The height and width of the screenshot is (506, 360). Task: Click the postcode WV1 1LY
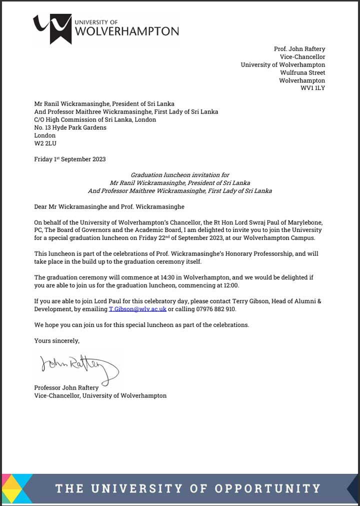click(x=312, y=88)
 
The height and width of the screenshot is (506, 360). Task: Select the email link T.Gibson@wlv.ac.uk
click(x=137, y=309)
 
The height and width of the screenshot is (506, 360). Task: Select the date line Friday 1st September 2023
click(x=70, y=159)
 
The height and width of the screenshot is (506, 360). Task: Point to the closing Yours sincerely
click(x=56, y=340)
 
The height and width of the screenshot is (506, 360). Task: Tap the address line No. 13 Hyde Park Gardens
click(x=70, y=127)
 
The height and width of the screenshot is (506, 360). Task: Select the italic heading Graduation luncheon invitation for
click(x=180, y=175)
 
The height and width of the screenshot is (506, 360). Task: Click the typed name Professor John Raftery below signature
click(x=66, y=387)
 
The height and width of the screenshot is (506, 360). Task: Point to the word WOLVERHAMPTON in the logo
click(x=126, y=31)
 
